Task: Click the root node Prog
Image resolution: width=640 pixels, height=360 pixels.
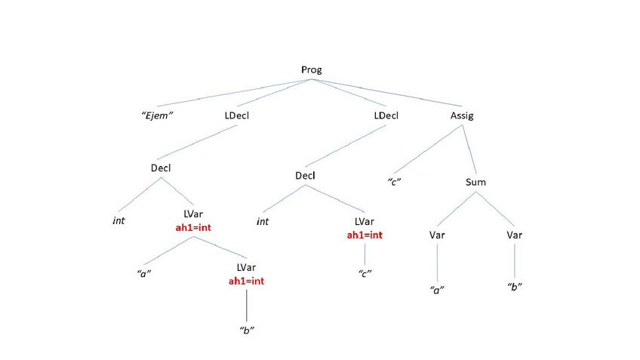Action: (x=312, y=69)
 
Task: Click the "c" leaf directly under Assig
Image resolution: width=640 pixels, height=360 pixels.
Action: (x=393, y=182)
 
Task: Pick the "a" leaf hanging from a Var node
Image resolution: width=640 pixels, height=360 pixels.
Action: (x=436, y=290)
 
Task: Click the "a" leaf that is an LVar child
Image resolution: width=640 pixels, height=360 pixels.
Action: (x=146, y=272)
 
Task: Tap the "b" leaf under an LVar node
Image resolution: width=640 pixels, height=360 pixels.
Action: (x=246, y=332)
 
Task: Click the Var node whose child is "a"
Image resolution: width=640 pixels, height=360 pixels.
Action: (x=437, y=235)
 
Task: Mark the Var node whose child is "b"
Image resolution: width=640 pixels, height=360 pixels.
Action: (x=514, y=235)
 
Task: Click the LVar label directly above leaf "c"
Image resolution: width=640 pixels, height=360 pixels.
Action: (x=365, y=222)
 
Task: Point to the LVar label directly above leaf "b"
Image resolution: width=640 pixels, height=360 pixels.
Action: (x=246, y=268)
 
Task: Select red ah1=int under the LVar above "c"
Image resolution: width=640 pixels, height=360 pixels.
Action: (x=365, y=235)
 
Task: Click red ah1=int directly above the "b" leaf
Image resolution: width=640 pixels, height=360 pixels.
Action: (x=246, y=281)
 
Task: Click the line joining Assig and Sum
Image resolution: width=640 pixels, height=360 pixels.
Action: (x=469, y=150)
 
